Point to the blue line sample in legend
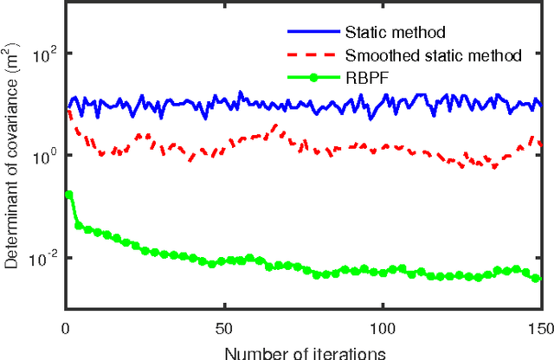coord(313,34)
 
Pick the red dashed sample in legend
coord(313,56)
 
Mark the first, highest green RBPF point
coord(69,195)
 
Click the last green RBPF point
coord(537,279)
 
